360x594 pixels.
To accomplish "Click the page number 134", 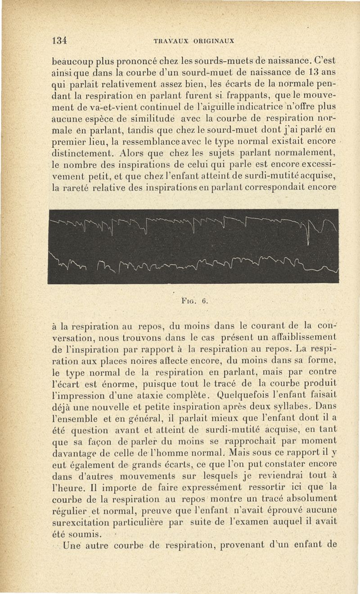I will click(x=59, y=40).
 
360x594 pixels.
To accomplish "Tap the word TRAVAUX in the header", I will click(x=169, y=40).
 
